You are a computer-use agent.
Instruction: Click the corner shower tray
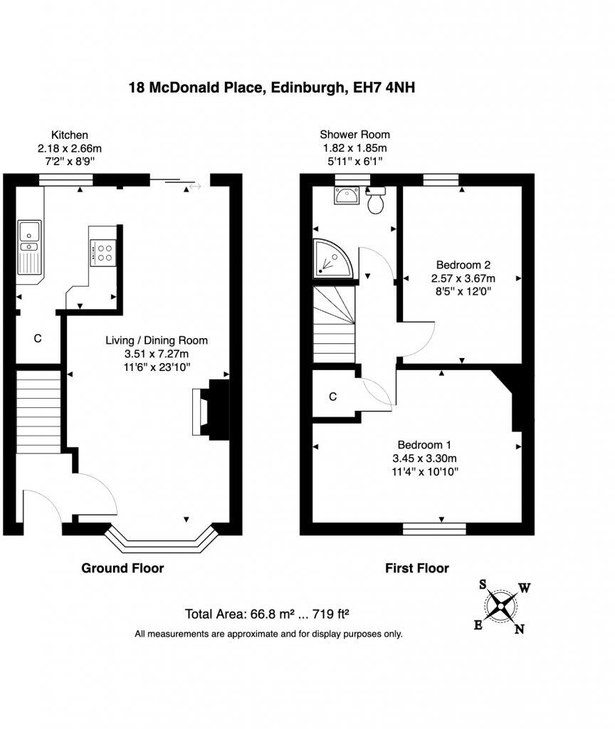331,257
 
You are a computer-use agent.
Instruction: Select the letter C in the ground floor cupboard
38,339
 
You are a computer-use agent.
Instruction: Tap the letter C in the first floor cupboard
332,397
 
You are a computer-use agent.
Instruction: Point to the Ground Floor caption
122,568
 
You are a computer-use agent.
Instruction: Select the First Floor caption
417,568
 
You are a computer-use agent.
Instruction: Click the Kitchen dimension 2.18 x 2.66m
70,148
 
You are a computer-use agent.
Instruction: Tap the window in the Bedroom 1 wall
434,528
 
